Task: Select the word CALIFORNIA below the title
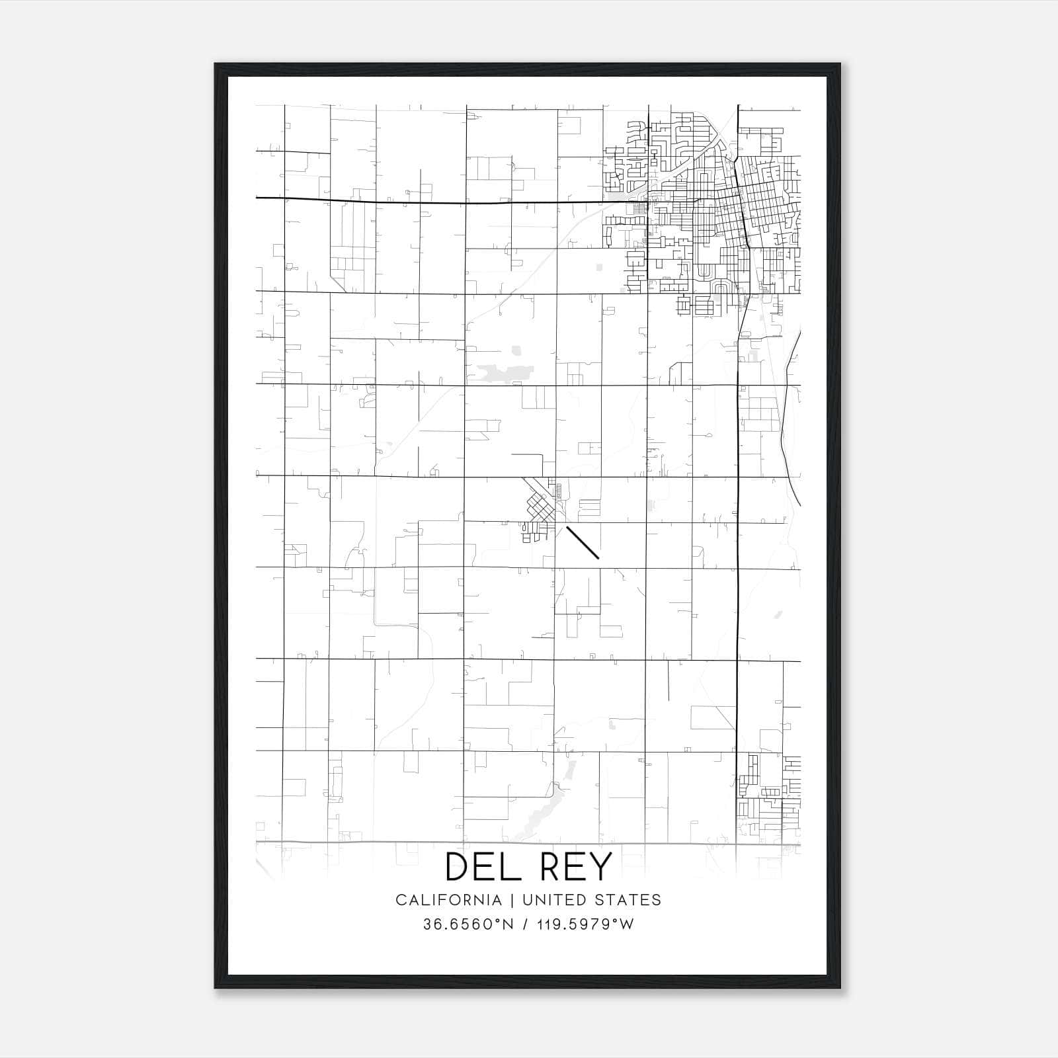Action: click(448, 900)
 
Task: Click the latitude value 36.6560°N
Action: click(468, 924)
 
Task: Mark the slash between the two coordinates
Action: click(525, 924)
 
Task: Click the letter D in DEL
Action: click(460, 866)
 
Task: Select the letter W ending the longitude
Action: click(626, 924)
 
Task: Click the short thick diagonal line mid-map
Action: click(583, 543)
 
